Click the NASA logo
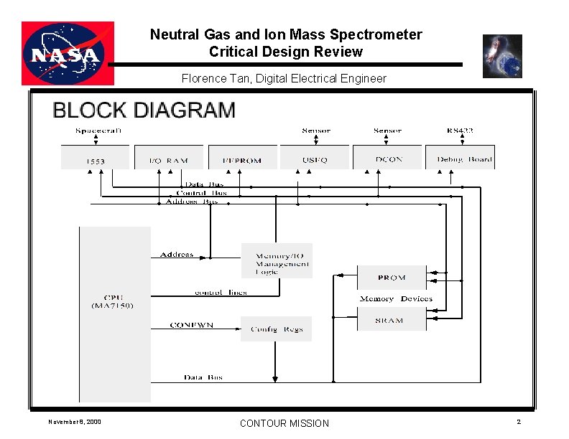[x=68, y=53]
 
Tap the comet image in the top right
[x=502, y=56]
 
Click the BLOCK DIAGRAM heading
[x=144, y=110]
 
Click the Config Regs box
[x=277, y=329]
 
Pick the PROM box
[x=392, y=278]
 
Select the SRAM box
[x=392, y=320]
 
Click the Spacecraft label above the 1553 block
[x=98, y=131]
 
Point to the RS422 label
[x=460, y=131]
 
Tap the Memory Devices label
[x=396, y=298]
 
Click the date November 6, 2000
[x=75, y=421]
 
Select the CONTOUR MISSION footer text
[x=284, y=423]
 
